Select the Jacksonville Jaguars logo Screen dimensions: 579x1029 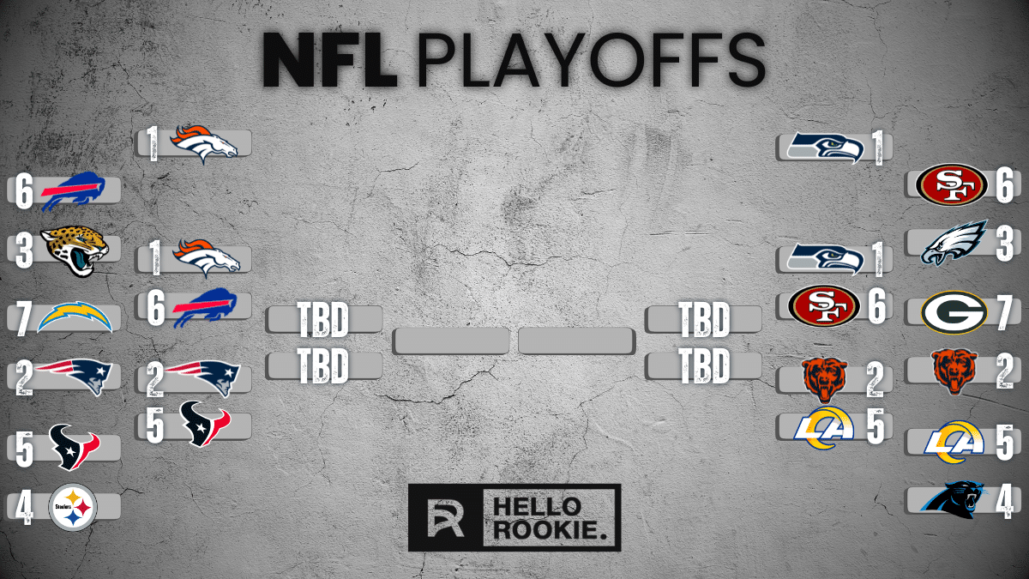point(75,250)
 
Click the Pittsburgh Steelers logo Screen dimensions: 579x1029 point(73,507)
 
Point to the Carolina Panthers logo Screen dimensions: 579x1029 point(954,498)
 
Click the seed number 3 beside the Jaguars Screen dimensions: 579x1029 point(24,250)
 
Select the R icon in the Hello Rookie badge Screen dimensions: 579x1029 point(447,517)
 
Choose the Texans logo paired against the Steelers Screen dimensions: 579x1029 point(73,447)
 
